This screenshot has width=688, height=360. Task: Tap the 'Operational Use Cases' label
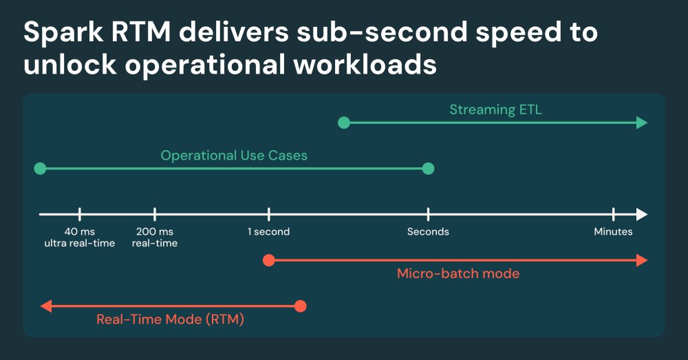pyautogui.click(x=234, y=156)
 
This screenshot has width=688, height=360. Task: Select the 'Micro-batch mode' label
pyautogui.click(x=458, y=274)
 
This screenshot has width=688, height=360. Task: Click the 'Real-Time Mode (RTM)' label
pyautogui.click(x=171, y=319)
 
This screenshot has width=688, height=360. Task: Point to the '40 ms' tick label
pyautogui.click(x=80, y=232)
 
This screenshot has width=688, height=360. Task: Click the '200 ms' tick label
pyautogui.click(x=155, y=232)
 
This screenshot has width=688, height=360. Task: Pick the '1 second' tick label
pyautogui.click(x=268, y=232)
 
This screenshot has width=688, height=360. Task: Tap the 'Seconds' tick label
pyautogui.click(x=428, y=232)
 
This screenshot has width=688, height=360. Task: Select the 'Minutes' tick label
pyautogui.click(x=613, y=232)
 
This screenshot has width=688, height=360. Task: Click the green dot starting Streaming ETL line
pyautogui.click(x=345, y=123)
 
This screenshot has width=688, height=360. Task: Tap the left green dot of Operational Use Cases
pyautogui.click(x=40, y=169)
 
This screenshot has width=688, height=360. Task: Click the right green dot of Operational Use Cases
pyautogui.click(x=428, y=169)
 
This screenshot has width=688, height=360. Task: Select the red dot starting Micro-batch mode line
pyautogui.click(x=269, y=260)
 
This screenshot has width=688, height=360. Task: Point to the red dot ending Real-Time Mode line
pyautogui.click(x=299, y=306)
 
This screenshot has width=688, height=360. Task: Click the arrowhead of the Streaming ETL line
pyautogui.click(x=643, y=123)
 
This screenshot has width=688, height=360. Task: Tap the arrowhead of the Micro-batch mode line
pyautogui.click(x=643, y=260)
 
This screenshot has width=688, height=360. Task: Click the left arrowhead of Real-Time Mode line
pyautogui.click(x=45, y=306)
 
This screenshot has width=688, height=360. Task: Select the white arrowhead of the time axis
pyautogui.click(x=643, y=214)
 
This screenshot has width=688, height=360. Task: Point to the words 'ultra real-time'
pyautogui.click(x=80, y=243)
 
